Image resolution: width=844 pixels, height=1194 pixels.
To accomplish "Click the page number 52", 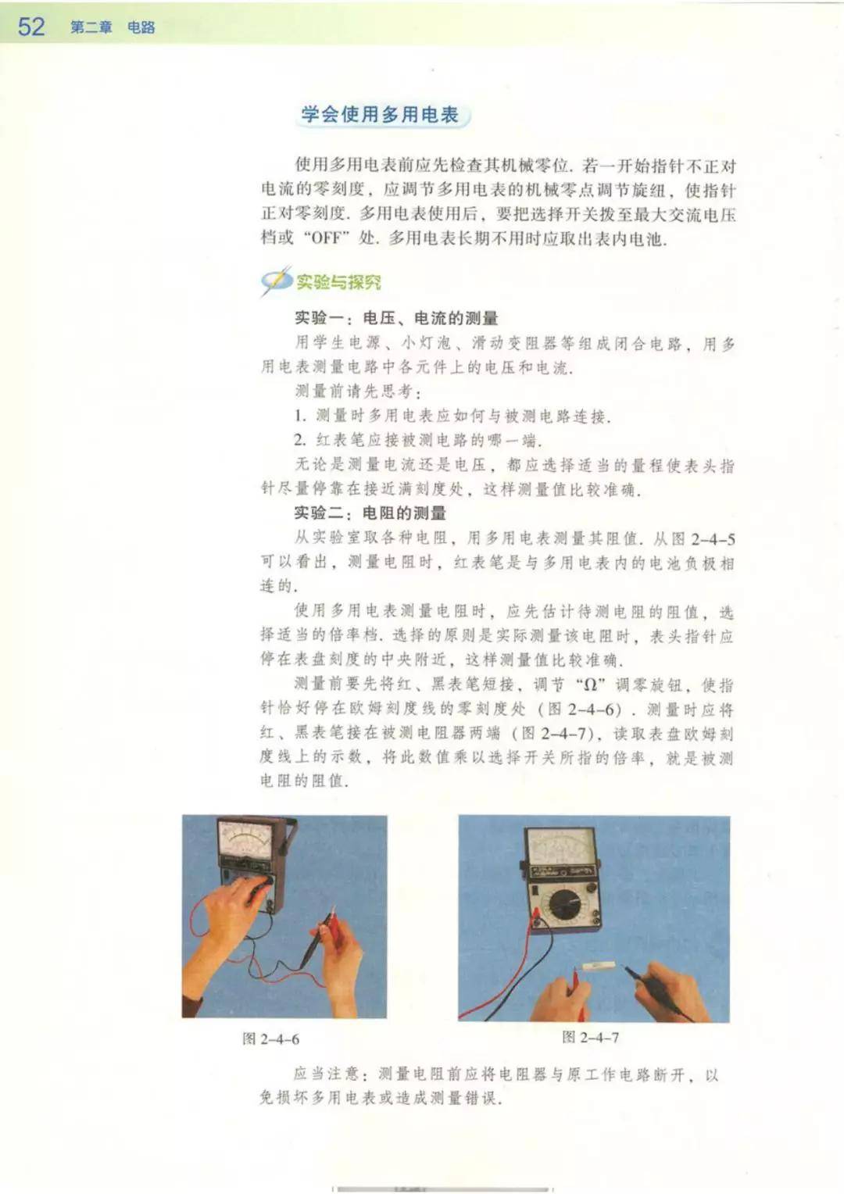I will pyautogui.click(x=31, y=26).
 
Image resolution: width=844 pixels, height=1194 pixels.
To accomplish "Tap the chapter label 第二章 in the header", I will pyautogui.click(x=91, y=27).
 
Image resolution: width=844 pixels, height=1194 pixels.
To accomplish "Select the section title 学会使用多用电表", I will pyautogui.click(x=380, y=115).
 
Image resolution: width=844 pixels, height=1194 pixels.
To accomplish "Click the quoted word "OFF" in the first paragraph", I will pyautogui.click(x=324, y=238).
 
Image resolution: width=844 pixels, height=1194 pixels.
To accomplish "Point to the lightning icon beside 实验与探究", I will pyautogui.click(x=276, y=281).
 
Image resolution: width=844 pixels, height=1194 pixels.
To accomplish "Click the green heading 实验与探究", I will pyautogui.click(x=338, y=282).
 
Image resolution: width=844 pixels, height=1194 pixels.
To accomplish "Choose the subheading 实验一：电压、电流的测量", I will pyautogui.click(x=396, y=318).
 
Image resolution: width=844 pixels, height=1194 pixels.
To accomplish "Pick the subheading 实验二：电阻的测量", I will pyautogui.click(x=370, y=513).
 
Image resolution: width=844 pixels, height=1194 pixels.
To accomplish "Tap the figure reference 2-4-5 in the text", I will pyautogui.click(x=713, y=539).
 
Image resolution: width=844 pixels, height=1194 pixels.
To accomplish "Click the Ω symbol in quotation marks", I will pyautogui.click(x=590, y=685).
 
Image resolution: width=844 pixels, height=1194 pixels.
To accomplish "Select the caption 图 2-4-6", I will pyautogui.click(x=270, y=1038).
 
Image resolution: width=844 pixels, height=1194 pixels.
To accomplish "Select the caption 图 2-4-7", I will pyautogui.click(x=590, y=1037).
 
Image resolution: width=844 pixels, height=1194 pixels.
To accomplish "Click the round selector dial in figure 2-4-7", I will pyautogui.click(x=563, y=904).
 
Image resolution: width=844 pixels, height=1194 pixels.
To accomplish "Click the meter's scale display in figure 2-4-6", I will pyautogui.click(x=245, y=841).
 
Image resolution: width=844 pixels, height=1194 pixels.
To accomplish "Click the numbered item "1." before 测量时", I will pyautogui.click(x=300, y=416).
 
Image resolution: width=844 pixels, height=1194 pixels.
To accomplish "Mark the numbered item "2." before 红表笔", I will pyautogui.click(x=300, y=440).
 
